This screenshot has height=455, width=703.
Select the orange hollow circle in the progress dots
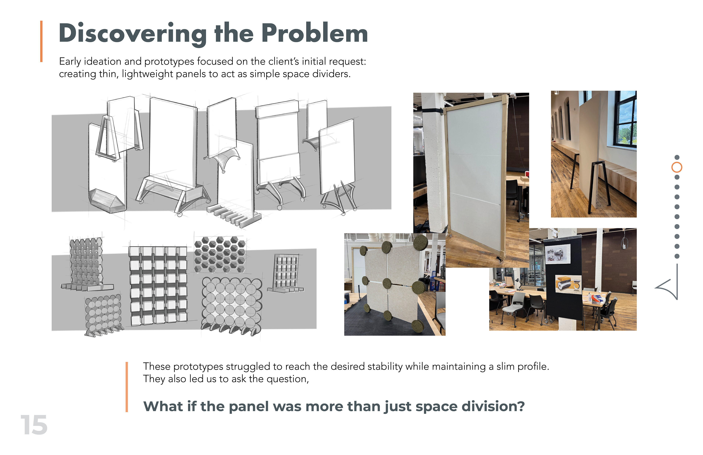click(x=677, y=167)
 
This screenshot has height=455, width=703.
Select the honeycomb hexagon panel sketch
click(x=220, y=254)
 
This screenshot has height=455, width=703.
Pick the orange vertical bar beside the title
click(x=41, y=41)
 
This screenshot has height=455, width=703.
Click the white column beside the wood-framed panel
click(x=434, y=163)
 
